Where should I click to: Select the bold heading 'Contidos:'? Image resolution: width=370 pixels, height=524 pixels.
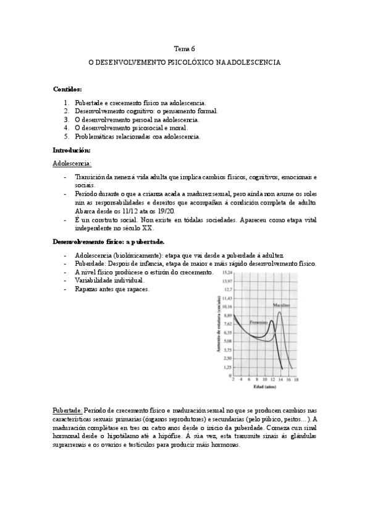67,89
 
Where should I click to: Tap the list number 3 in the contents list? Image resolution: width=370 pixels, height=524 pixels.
67,119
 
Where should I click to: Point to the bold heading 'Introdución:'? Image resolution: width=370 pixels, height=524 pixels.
72,150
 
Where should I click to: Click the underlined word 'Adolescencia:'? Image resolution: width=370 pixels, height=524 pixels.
72,164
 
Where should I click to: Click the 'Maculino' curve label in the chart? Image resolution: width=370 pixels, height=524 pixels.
282,305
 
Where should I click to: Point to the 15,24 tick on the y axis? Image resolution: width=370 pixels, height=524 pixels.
227,273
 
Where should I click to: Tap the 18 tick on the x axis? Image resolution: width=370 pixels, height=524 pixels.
296,380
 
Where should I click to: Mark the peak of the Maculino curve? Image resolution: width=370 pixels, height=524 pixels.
280,312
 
